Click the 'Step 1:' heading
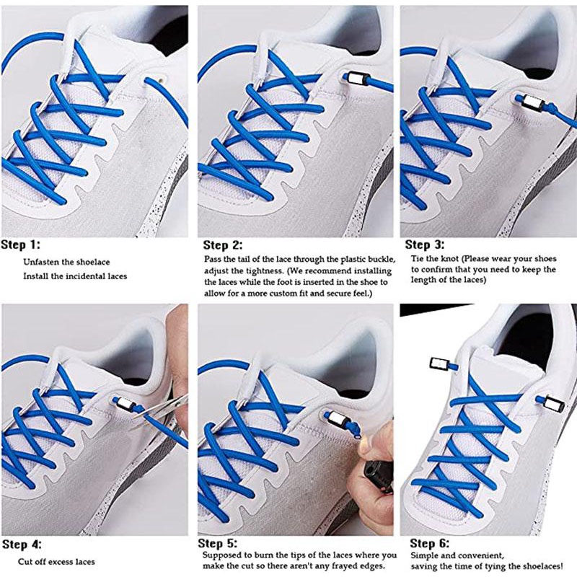[21, 245]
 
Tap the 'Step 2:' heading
[223, 245]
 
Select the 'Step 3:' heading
[425, 245]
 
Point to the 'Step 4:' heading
[22, 545]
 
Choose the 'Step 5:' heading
[218, 544]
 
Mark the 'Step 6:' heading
[429, 544]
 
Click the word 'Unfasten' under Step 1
[41, 262]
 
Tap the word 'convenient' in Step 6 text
[483, 555]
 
